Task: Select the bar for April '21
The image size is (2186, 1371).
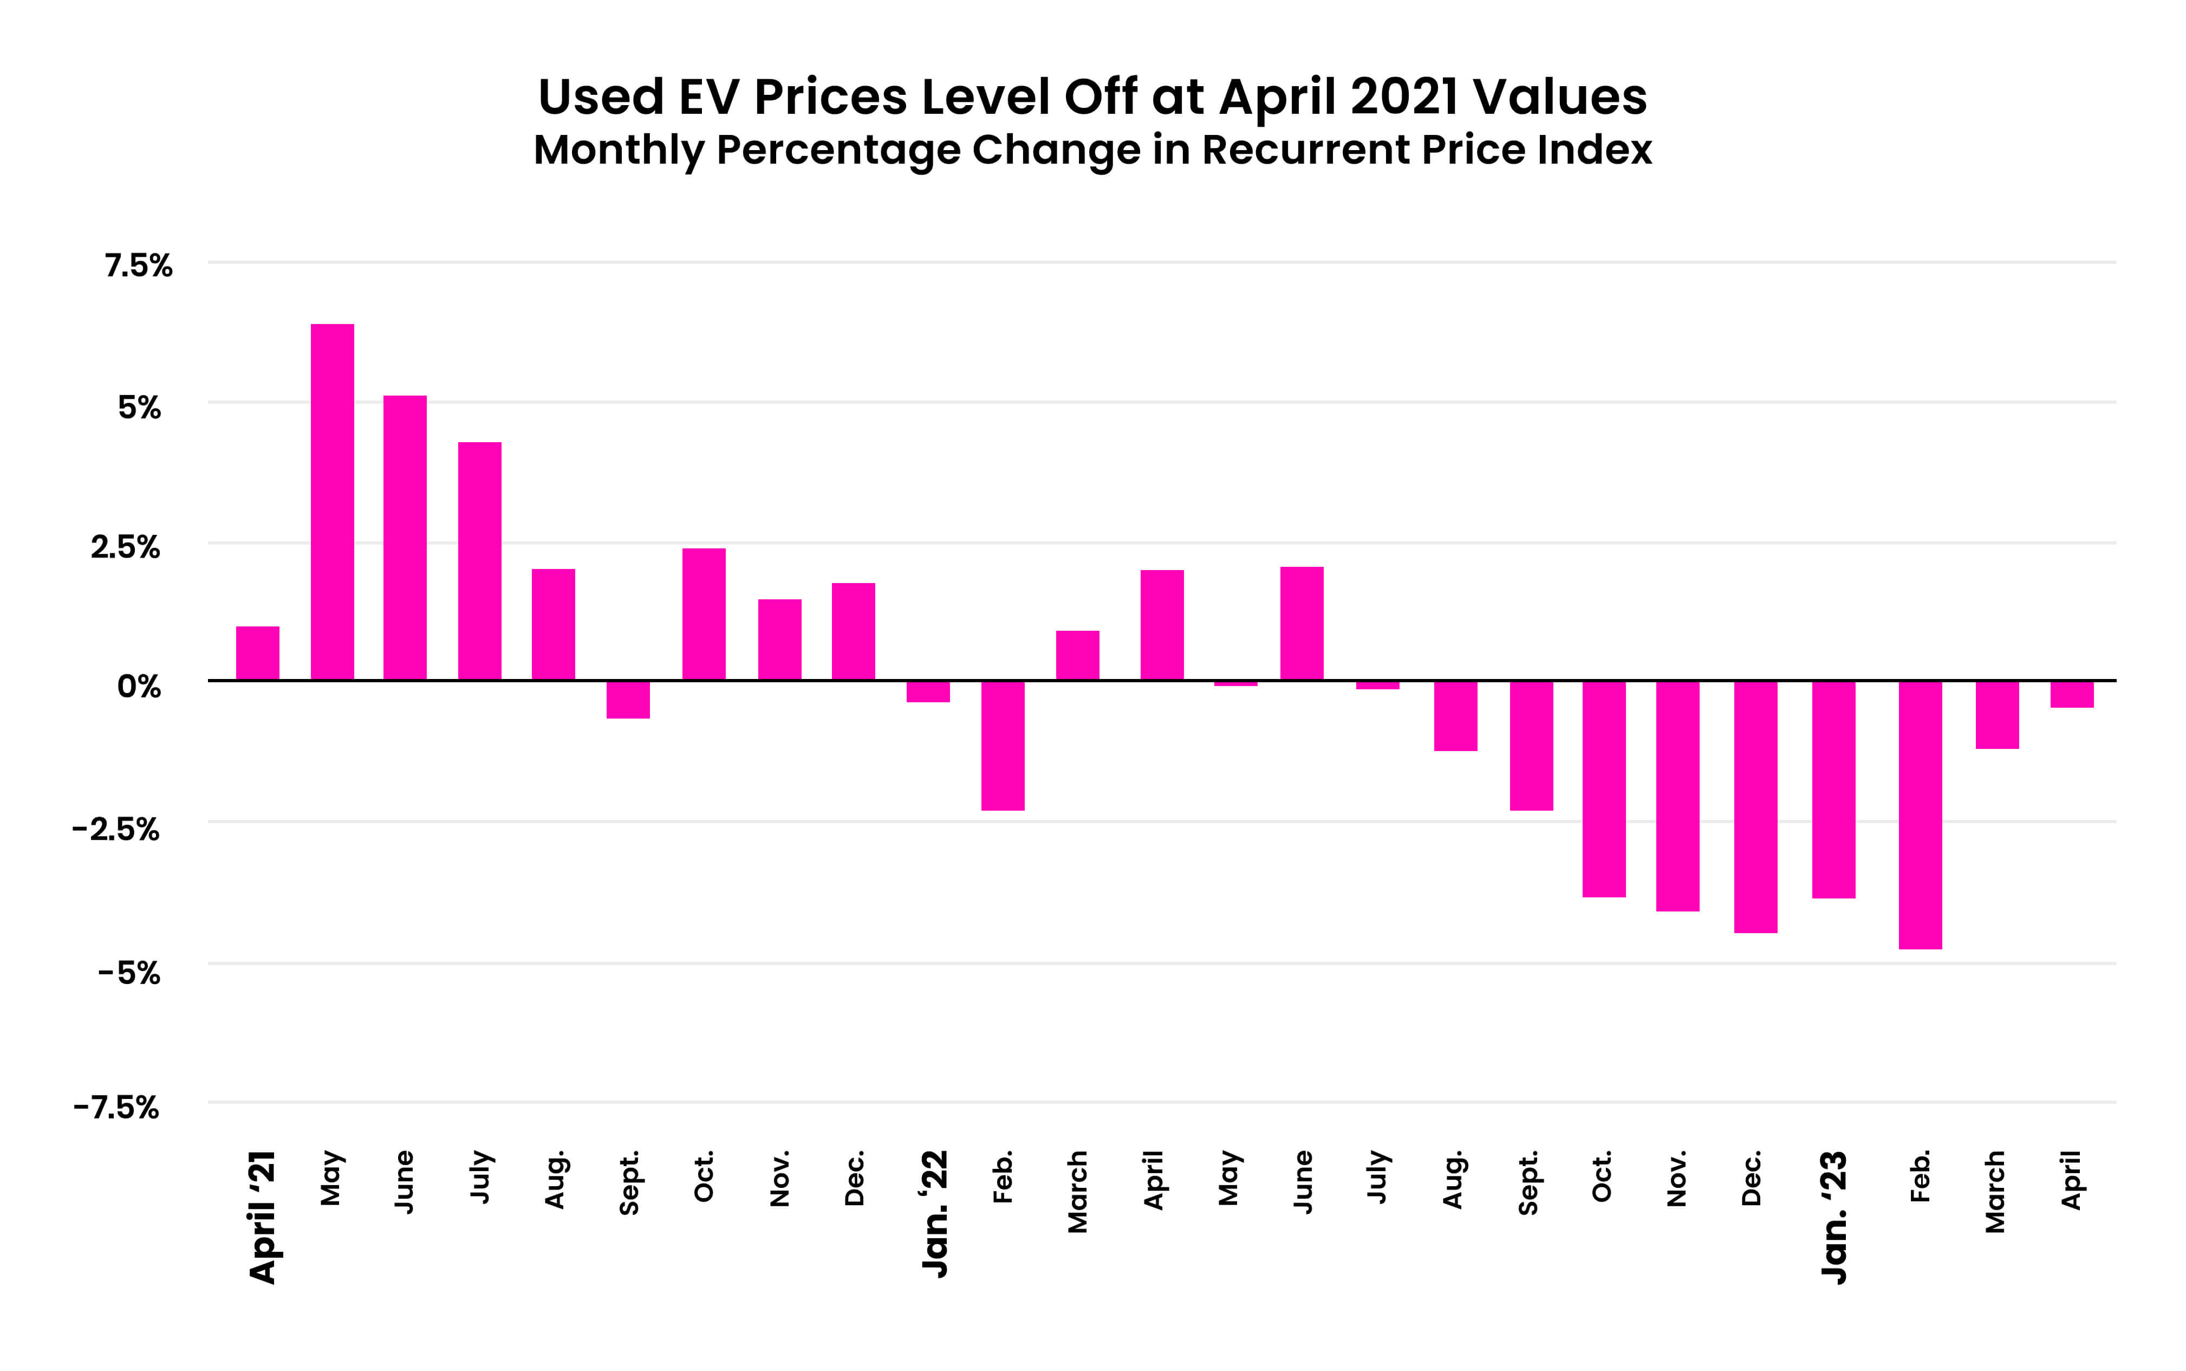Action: pyautogui.click(x=257, y=653)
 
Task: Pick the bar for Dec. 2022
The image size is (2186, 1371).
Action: pyautogui.click(x=1755, y=806)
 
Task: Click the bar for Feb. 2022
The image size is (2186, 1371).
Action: pyautogui.click(x=1003, y=745)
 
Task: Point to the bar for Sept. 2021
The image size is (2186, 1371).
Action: pyautogui.click(x=628, y=699)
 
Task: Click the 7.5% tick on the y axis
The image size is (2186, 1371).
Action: pyautogui.click(x=138, y=266)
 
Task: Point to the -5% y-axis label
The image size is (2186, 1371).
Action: pyautogui.click(x=129, y=973)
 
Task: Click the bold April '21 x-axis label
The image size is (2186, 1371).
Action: pyautogui.click(x=262, y=1217)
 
